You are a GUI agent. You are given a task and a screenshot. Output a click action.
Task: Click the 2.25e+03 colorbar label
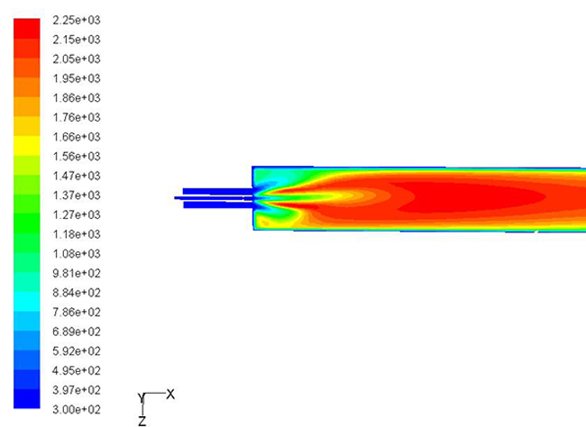tap(77, 20)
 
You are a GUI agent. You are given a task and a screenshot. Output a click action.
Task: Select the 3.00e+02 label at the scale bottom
tap(77, 410)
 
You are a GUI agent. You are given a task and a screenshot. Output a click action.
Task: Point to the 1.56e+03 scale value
tap(77, 157)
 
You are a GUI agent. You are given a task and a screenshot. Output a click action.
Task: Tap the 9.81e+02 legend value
tap(77, 274)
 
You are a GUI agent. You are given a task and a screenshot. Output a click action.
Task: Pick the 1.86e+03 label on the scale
tap(77, 98)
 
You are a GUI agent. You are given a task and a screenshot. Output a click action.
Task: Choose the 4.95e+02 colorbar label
tap(77, 371)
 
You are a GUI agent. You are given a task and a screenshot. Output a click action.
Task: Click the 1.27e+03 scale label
tap(77, 215)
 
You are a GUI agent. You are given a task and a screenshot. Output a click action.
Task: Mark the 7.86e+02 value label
tap(77, 313)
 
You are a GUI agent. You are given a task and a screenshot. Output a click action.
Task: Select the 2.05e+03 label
tap(77, 59)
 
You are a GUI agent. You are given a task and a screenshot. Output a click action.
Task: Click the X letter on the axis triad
tap(170, 395)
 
